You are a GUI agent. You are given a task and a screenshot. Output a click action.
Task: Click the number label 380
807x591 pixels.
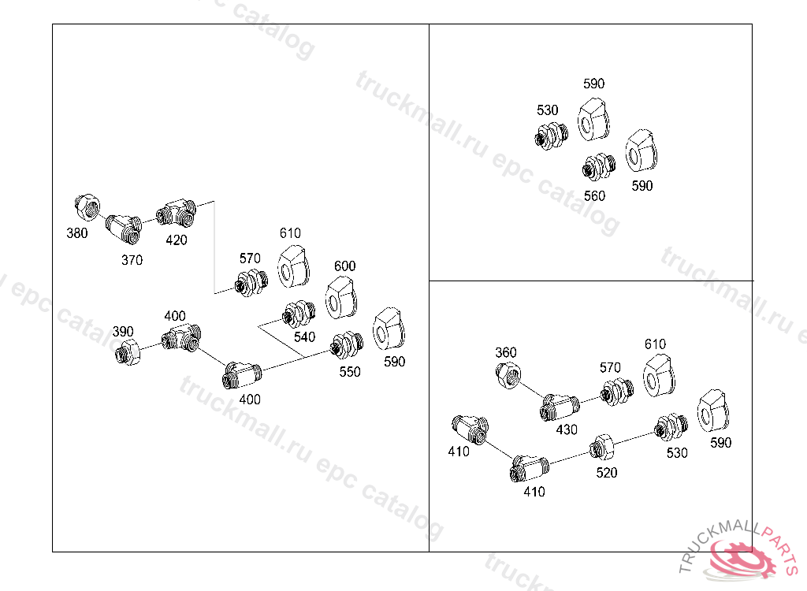click(77, 233)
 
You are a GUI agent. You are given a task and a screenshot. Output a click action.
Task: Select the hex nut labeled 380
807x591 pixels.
click(87, 207)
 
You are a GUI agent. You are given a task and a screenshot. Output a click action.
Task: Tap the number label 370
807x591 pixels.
click(132, 260)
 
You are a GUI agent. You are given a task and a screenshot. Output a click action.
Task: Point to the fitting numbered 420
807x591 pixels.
click(177, 213)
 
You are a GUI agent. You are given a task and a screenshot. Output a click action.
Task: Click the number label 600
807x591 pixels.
click(345, 266)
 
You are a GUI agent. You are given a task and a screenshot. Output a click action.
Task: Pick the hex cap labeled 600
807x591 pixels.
click(341, 298)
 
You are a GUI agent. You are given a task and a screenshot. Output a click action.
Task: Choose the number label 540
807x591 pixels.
click(305, 336)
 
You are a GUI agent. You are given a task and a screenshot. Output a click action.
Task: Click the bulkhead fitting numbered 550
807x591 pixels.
click(347, 345)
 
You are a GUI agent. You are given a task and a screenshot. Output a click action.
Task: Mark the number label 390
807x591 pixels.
click(123, 331)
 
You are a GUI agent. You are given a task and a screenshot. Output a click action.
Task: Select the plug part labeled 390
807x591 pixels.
click(128, 352)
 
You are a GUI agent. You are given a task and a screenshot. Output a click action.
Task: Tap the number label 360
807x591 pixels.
click(506, 352)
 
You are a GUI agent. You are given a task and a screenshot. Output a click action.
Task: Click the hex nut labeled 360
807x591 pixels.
click(508, 375)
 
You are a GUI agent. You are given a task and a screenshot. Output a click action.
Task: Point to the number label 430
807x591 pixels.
click(567, 429)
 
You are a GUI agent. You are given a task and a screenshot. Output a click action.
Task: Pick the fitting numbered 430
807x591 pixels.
click(560, 407)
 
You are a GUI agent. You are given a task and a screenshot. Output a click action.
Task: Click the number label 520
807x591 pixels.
click(607, 473)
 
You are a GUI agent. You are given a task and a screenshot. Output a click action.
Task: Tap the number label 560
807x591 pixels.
click(594, 195)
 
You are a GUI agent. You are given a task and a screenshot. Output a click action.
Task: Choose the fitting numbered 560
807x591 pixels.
click(599, 166)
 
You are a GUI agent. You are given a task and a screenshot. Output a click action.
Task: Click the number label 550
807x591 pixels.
click(350, 372)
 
